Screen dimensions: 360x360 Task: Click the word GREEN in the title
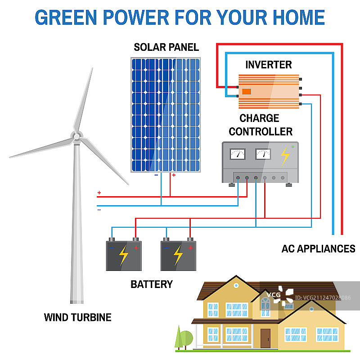66,18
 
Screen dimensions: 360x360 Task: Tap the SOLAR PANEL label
166,47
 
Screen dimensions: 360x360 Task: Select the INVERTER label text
269,65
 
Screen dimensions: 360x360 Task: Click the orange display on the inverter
247,92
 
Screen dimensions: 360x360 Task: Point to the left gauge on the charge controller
238,154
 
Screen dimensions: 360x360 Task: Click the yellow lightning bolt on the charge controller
285,156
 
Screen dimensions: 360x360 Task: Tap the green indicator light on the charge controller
293,147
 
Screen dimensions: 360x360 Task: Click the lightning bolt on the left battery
123,256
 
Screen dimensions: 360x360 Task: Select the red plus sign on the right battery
190,247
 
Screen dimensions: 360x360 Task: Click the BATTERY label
152,284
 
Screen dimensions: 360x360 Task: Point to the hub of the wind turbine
77,137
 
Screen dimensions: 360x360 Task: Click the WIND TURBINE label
77,317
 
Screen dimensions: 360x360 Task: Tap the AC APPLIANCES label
319,249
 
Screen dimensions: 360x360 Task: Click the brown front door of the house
265,338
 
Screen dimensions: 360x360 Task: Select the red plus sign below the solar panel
174,175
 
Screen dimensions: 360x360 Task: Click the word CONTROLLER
261,131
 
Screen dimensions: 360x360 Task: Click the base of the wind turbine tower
77,301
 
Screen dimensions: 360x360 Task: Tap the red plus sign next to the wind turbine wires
99,193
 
